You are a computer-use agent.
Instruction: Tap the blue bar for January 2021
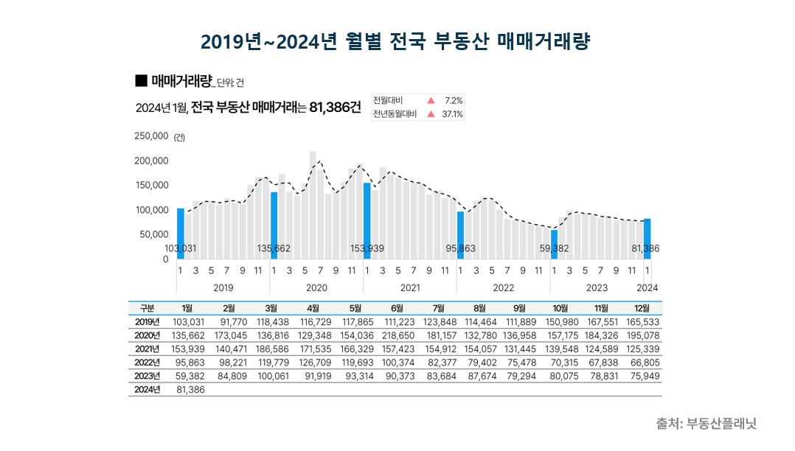[x=367, y=220]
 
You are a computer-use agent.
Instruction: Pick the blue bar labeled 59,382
[x=555, y=245]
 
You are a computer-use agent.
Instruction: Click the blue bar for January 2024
[x=648, y=239]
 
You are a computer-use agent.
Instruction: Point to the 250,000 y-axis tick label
[x=151, y=136]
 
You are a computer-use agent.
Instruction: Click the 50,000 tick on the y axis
[x=154, y=234]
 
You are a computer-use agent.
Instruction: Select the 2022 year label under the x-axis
[x=503, y=287]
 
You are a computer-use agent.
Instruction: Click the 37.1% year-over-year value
[x=451, y=114]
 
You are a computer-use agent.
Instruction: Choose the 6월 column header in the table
[x=397, y=308]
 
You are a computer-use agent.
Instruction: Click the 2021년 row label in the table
[x=147, y=349]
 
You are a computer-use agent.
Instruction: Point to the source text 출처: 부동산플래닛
[x=706, y=424]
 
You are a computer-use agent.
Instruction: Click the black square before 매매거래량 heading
[x=142, y=80]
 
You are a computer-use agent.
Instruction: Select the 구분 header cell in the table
[x=147, y=308]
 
